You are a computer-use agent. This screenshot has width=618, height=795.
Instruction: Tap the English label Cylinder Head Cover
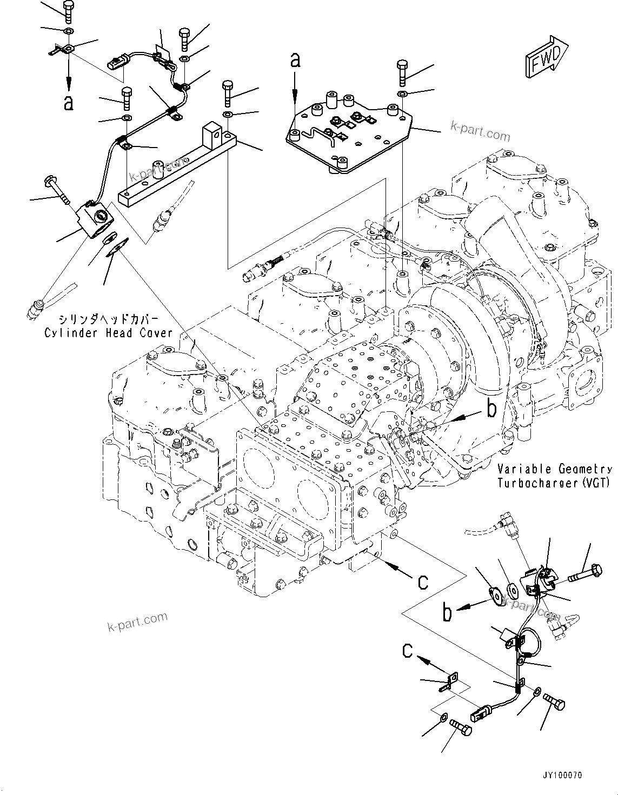click(x=108, y=332)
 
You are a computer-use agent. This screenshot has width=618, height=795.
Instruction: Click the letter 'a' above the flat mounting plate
click(x=295, y=60)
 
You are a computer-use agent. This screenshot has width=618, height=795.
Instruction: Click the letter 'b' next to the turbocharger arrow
click(x=491, y=409)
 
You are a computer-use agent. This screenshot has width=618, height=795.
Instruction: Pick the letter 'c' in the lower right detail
click(x=408, y=651)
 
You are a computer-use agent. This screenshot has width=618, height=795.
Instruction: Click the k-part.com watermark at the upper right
click(x=480, y=132)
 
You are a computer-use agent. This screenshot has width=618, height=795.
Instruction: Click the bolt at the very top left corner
click(x=68, y=11)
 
